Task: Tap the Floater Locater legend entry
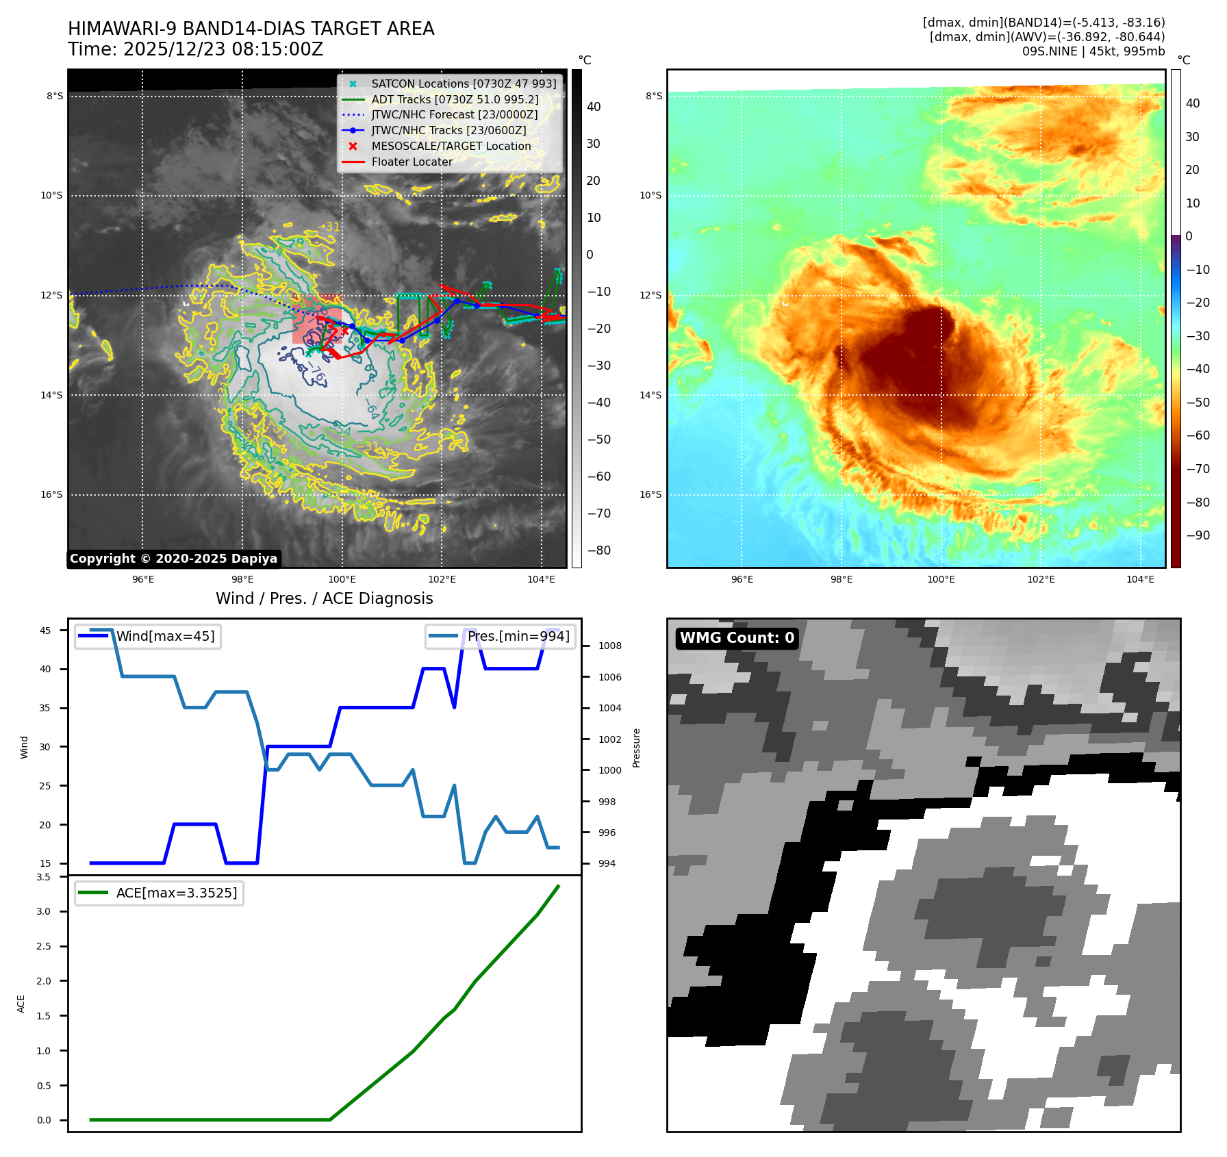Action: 412,162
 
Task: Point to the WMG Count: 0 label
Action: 737,638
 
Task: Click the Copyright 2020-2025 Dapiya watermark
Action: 173,559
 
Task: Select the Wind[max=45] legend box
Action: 148,636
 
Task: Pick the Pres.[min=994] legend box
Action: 500,636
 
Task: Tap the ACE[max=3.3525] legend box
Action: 159,893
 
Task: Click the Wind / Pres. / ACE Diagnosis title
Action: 324,598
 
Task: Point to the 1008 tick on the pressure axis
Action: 609,646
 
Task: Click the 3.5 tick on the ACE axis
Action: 44,877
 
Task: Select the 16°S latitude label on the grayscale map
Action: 51,494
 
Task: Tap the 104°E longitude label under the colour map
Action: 1140,579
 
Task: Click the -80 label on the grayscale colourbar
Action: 598,550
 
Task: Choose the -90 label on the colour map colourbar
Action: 1198,535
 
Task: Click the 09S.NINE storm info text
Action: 1093,51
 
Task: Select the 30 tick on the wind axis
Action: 45,747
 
